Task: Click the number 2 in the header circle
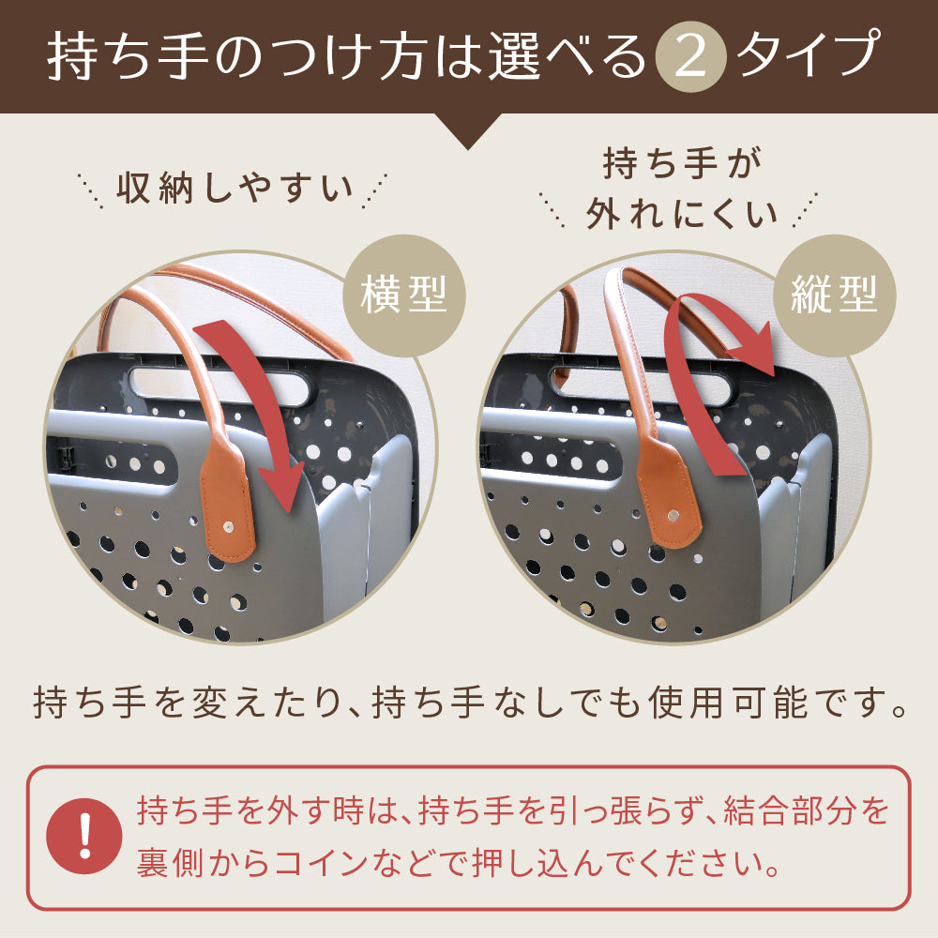pyautogui.click(x=689, y=59)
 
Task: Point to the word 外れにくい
pyautogui.click(x=682, y=215)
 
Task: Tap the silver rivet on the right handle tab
pyautogui.click(x=676, y=514)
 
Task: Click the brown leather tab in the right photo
pyautogui.click(x=668, y=497)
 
